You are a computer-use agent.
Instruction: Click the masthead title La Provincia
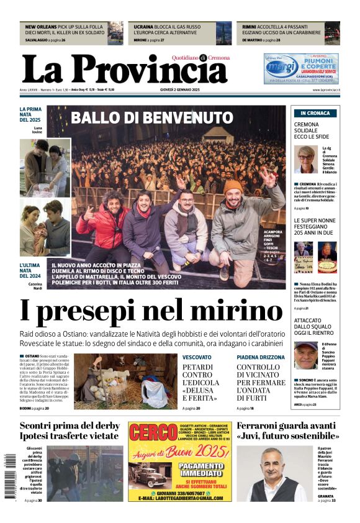point(124,70)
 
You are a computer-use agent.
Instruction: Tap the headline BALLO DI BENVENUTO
point(151,117)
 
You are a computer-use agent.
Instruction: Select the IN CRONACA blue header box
point(315,113)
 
